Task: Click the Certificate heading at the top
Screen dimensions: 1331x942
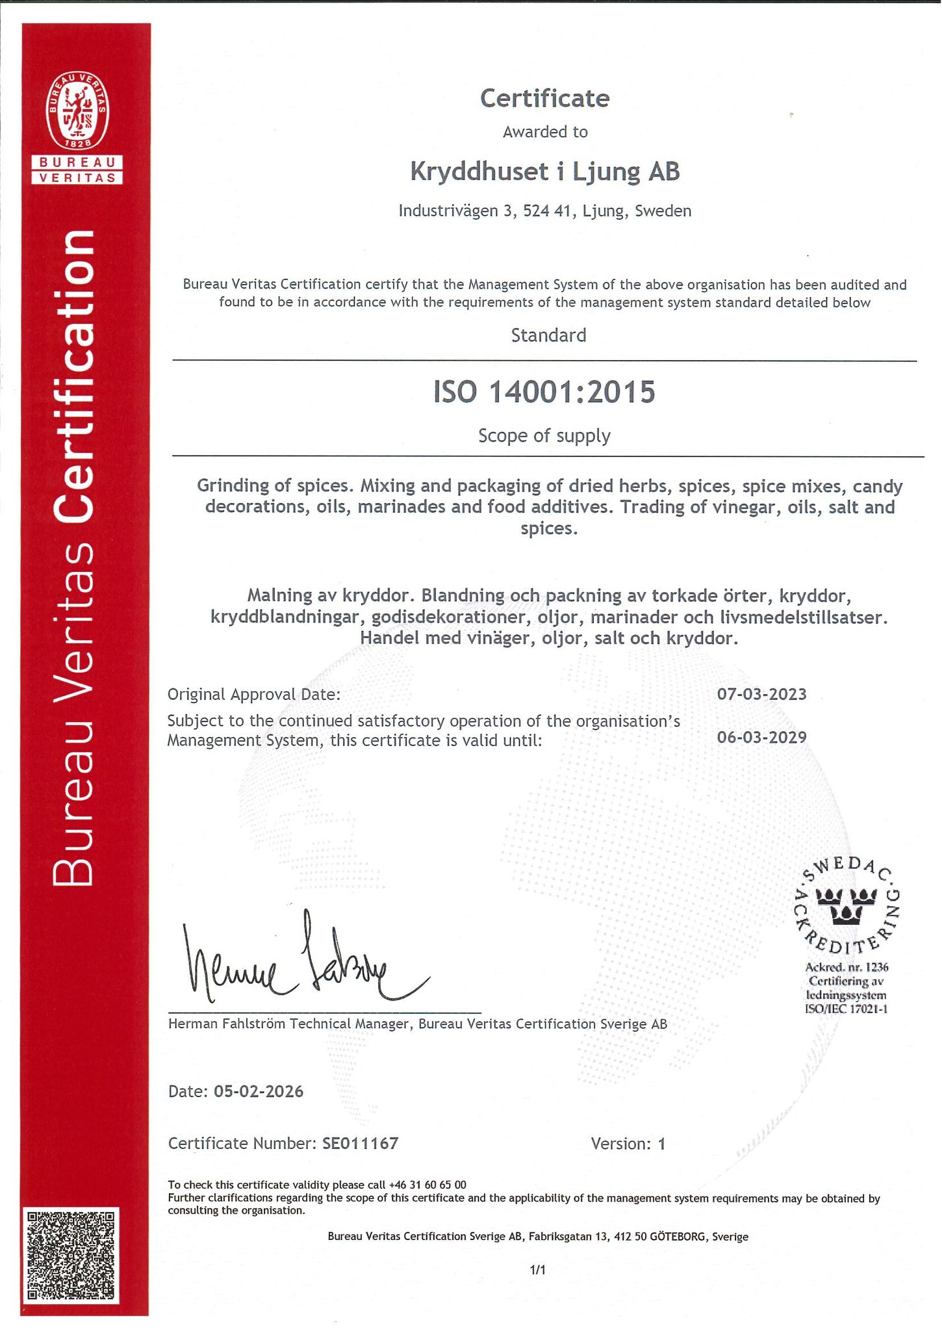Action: [544, 99]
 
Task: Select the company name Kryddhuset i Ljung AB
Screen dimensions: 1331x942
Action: [544, 172]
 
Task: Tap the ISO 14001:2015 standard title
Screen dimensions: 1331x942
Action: [544, 393]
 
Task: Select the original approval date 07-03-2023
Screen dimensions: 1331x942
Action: [761, 694]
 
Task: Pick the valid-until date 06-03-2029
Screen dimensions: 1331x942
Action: [761, 737]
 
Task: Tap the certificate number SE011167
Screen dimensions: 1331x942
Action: [360, 1143]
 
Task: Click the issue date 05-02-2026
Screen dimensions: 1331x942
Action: [258, 1091]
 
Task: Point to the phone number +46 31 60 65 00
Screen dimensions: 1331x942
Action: [427, 1185]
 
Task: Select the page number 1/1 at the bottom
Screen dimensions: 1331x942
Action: [537, 1269]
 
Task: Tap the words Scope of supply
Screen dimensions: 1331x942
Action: [544, 435]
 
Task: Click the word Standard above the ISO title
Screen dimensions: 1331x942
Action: [548, 335]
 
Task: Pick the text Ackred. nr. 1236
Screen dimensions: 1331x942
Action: [846, 967]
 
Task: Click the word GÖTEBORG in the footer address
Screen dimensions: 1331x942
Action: [678, 1237]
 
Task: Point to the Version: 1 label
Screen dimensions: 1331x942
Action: [628, 1144]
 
